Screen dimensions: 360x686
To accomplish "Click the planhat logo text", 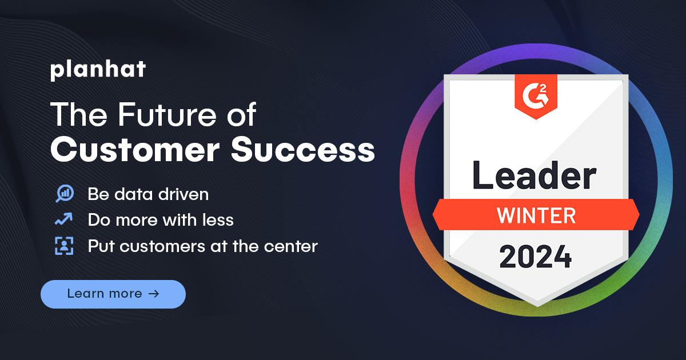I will [x=98, y=70].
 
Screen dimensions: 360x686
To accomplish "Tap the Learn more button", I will [x=113, y=294].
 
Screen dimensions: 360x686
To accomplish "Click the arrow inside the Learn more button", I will [x=153, y=294].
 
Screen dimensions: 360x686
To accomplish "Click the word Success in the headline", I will [x=303, y=150].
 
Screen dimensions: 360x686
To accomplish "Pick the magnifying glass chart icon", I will [x=64, y=194].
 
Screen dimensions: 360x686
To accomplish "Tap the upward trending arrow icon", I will [x=63, y=219].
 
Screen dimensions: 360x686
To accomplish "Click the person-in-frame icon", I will [x=64, y=246].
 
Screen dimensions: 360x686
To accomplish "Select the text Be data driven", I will [x=148, y=194].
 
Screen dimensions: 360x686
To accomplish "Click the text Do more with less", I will [x=161, y=220].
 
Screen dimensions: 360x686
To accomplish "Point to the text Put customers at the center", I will [x=202, y=247].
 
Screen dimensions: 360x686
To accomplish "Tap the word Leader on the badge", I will [x=535, y=176].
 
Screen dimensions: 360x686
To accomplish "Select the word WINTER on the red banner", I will [x=536, y=215].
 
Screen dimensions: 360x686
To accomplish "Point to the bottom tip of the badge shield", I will [x=536, y=305].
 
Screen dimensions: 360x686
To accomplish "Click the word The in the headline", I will [x=75, y=115].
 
